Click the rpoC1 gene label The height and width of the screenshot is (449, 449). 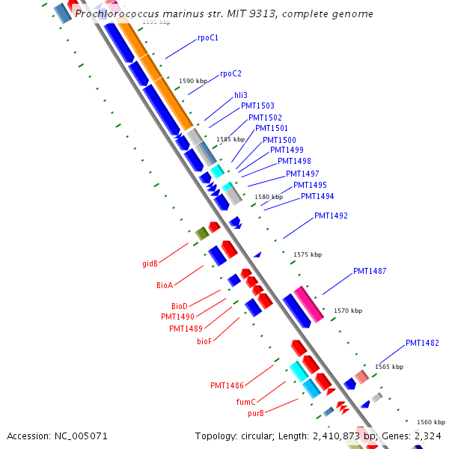[x=208, y=37]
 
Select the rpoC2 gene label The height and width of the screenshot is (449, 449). [x=230, y=73]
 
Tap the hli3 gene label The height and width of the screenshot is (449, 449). [x=241, y=95]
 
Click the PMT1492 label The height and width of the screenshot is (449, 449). [x=331, y=216]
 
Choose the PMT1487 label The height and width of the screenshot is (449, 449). [x=370, y=271]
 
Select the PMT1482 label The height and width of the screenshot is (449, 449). [x=422, y=343]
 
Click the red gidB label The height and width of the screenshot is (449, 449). [x=150, y=263]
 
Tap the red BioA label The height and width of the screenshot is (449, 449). [x=165, y=285]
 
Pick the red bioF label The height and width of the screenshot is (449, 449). [x=204, y=341]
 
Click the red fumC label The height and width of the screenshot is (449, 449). [x=246, y=402]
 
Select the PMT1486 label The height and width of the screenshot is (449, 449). [x=227, y=385]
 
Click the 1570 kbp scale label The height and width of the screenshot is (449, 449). [x=348, y=311]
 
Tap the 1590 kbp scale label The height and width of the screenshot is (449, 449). [x=193, y=81]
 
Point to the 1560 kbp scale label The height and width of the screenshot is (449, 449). [x=430, y=422]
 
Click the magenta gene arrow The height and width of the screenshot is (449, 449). [x=308, y=304]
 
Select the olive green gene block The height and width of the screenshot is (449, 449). [x=201, y=233]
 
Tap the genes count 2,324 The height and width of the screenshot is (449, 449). [x=429, y=436]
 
